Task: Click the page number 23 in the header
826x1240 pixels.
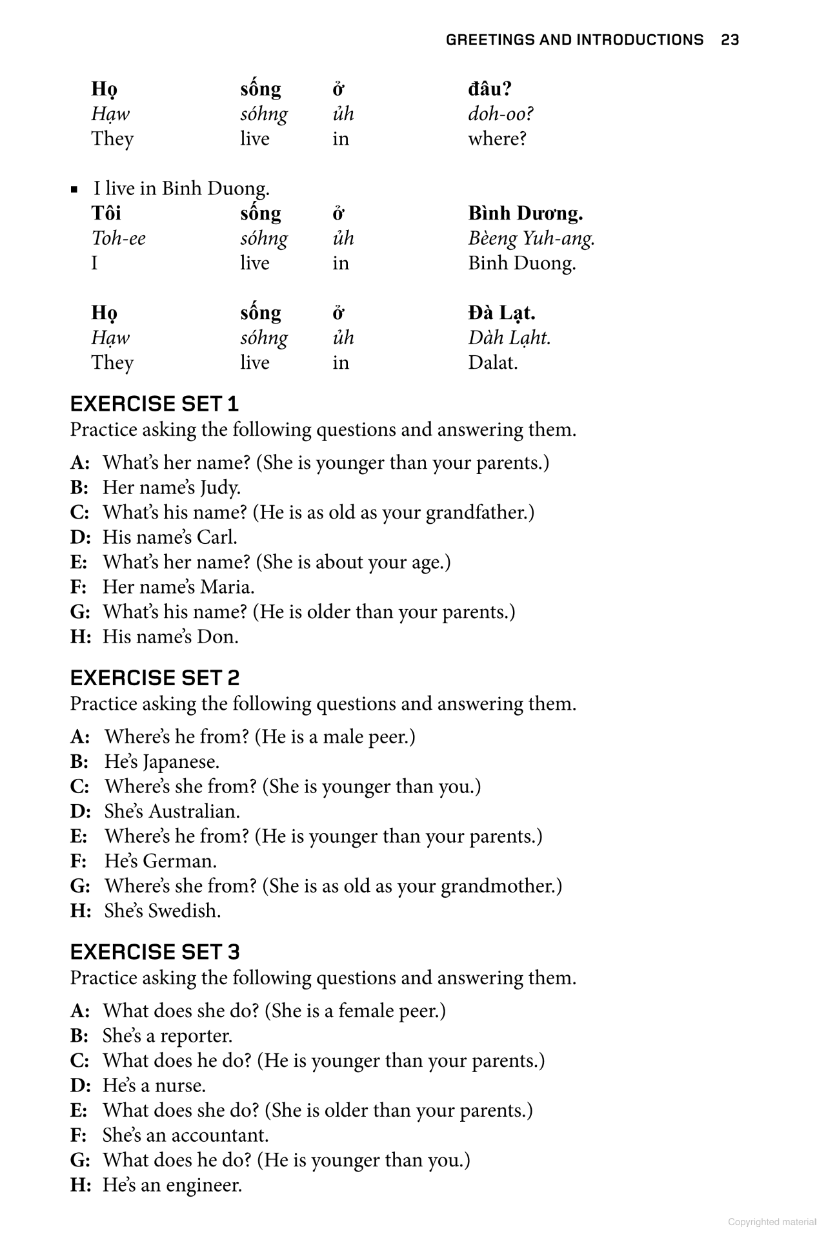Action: click(x=730, y=40)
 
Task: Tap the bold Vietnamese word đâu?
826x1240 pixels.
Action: click(x=490, y=89)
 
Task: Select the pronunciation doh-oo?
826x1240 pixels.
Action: click(x=501, y=114)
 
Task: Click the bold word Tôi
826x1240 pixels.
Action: click(x=106, y=213)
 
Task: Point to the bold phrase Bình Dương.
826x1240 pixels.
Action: click(x=525, y=213)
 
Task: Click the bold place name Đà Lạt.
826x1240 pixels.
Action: click(x=501, y=313)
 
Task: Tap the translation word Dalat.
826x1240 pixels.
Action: click(x=493, y=362)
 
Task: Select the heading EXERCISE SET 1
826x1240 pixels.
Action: click(x=154, y=404)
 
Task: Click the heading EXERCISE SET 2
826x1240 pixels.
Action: click(x=154, y=678)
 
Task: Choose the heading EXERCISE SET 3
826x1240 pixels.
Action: click(x=154, y=952)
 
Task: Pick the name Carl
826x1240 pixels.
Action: click(x=217, y=537)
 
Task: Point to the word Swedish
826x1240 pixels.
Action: click(x=185, y=911)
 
